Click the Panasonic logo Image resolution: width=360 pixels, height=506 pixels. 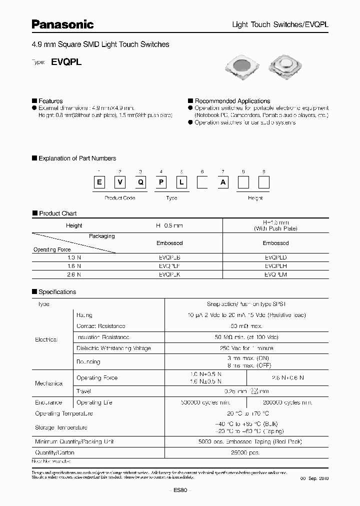coord(63,23)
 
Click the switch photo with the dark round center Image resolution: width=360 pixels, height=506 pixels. coord(242,69)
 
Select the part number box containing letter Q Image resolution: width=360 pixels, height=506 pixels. coord(141,182)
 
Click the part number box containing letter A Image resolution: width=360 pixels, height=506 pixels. coord(223,182)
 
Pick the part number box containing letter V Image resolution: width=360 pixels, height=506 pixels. coord(120,182)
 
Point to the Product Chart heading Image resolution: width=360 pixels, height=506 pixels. coord(57,213)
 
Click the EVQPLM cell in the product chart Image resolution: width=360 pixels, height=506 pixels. coord(275,274)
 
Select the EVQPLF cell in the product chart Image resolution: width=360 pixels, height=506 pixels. coord(170,266)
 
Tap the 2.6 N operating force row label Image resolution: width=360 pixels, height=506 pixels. coord(73,274)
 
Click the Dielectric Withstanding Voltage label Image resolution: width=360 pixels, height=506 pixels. coord(113,348)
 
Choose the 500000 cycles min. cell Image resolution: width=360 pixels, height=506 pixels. coord(205,402)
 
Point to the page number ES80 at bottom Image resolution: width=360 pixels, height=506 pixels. coord(180,490)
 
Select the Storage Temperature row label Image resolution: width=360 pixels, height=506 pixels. coord(61,427)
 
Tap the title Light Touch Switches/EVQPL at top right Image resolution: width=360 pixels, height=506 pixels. coord(280,24)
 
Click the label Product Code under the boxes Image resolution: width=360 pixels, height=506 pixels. coord(120,198)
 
